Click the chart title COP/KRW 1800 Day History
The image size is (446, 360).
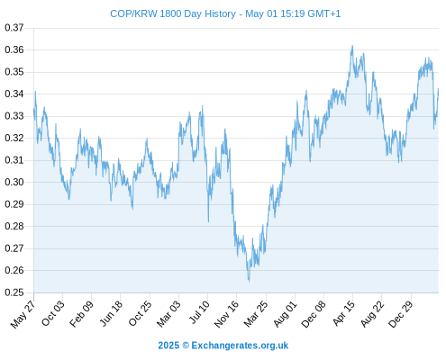pyautogui.click(x=173, y=13)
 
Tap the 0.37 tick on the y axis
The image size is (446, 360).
pyautogui.click(x=14, y=28)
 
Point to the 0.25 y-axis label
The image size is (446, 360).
pyautogui.click(x=14, y=292)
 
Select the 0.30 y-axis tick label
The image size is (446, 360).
pyautogui.click(x=14, y=182)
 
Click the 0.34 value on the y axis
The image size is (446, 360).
pyautogui.click(x=14, y=94)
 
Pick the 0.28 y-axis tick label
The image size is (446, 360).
pyautogui.click(x=14, y=226)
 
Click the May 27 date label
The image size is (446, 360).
pyautogui.click(x=23, y=314)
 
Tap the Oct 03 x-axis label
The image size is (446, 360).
pyautogui.click(x=52, y=313)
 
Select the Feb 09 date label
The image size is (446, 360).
pyautogui.click(x=81, y=313)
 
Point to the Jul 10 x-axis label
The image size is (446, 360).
pyautogui.click(x=198, y=312)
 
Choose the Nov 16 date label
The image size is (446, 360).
pyautogui.click(x=226, y=313)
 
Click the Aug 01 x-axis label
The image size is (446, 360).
pyautogui.click(x=285, y=313)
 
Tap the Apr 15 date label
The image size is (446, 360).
pyautogui.click(x=343, y=313)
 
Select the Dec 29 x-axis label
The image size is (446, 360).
pyautogui.click(x=401, y=313)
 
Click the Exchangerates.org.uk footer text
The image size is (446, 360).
pyautogui.click(x=240, y=346)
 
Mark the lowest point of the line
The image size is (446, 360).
pyautogui.click(x=249, y=282)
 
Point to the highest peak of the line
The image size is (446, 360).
pyautogui.click(x=352, y=46)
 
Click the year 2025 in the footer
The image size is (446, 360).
pyautogui.click(x=168, y=346)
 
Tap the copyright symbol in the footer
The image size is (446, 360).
pyautogui.click(x=186, y=346)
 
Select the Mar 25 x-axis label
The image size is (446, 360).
pyautogui.click(x=255, y=313)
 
